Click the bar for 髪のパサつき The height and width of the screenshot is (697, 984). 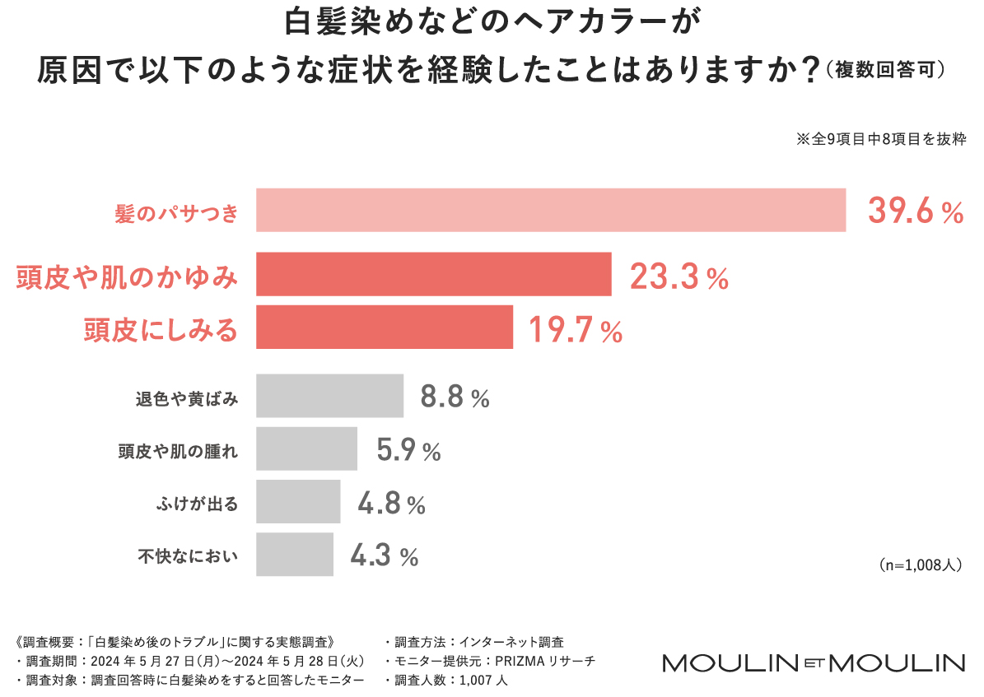551,211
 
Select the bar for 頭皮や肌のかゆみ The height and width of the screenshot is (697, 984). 433,275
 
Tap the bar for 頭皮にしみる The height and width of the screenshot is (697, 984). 384,328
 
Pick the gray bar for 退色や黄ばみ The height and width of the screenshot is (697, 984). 329,397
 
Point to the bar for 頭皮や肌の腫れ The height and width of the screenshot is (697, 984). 306,449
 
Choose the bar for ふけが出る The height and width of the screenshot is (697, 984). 297,502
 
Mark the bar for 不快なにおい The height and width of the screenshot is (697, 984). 294,555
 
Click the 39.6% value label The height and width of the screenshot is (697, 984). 915,211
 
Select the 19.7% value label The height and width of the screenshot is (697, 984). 575,330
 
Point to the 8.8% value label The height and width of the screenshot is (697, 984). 455,399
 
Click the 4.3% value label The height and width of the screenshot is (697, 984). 385,556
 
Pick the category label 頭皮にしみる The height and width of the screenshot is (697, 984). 161,330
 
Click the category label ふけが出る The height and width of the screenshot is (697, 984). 198,504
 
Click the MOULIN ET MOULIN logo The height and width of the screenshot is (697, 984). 814,663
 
